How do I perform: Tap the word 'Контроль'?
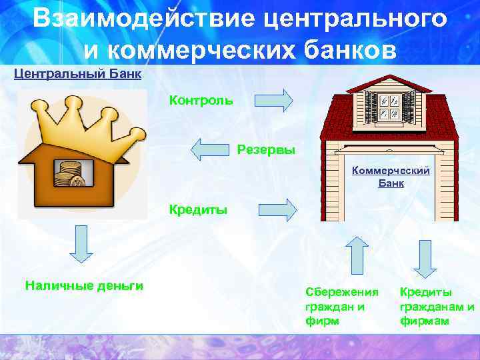(201, 101)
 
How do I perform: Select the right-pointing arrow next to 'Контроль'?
(274, 101)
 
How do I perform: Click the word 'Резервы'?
(266, 149)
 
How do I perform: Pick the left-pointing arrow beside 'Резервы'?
(209, 149)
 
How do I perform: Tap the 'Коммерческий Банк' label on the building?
(391, 177)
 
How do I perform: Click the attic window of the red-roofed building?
(389, 107)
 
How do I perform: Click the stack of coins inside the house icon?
(70, 175)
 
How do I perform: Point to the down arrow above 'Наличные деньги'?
(80, 243)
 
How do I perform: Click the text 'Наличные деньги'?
(84, 286)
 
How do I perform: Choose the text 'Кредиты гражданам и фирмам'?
(437, 306)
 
